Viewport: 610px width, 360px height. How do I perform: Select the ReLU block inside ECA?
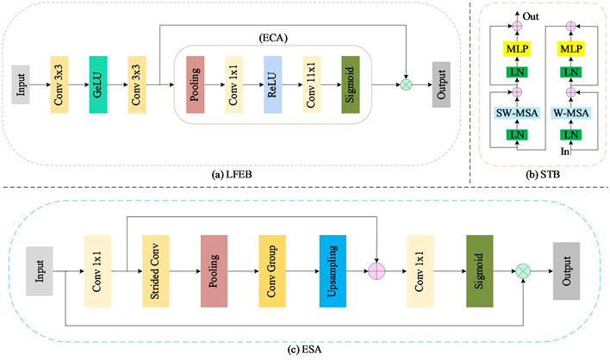coord(272,86)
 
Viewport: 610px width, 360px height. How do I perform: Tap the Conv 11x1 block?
coord(311,86)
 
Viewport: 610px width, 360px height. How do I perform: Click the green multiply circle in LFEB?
coord(407,86)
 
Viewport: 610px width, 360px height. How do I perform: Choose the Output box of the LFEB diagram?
coord(442,86)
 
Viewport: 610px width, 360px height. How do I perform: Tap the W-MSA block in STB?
coord(570,115)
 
